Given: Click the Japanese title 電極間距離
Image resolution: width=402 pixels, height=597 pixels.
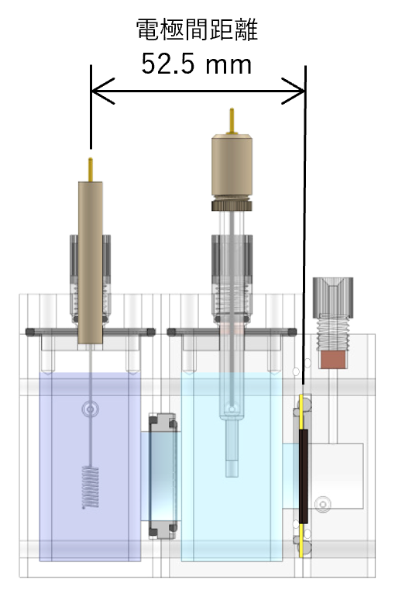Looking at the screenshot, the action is tap(197, 29).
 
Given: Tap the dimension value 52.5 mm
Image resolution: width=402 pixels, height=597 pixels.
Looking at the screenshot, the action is tap(196, 64).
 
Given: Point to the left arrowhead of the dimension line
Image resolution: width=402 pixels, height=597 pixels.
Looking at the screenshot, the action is tap(104, 91).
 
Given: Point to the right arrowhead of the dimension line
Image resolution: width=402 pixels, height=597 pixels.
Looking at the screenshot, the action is tap(293, 91).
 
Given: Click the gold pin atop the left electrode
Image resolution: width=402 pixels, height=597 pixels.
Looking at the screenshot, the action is tap(91, 170).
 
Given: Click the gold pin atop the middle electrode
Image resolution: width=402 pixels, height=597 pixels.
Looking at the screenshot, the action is tap(232, 121).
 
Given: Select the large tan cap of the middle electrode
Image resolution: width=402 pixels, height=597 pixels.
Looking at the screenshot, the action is tap(232, 166).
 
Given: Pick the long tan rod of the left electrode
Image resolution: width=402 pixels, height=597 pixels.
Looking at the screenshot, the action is tap(91, 263).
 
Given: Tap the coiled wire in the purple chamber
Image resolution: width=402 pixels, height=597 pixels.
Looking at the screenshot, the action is tap(91, 488).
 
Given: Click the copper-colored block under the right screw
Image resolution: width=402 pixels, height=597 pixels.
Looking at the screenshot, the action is tap(333, 360).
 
